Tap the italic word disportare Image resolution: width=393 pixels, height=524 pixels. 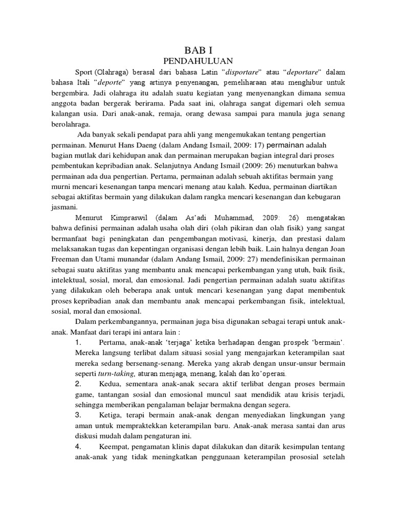click(x=243, y=71)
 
